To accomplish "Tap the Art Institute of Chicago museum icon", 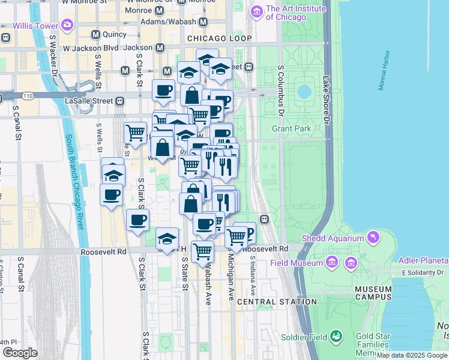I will (257, 11).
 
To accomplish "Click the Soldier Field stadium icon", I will (336, 336).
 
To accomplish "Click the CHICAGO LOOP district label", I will (219, 38).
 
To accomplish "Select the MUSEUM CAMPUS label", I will (373, 293).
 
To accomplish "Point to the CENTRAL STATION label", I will (277, 302).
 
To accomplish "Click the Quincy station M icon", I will (95, 35).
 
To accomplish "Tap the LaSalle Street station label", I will (90, 101).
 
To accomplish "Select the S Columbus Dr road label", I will (280, 90).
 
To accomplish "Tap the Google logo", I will (20, 353).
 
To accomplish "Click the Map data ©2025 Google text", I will (412, 355).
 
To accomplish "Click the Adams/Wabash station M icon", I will (203, 22).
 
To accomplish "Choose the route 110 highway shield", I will (28, 96).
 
